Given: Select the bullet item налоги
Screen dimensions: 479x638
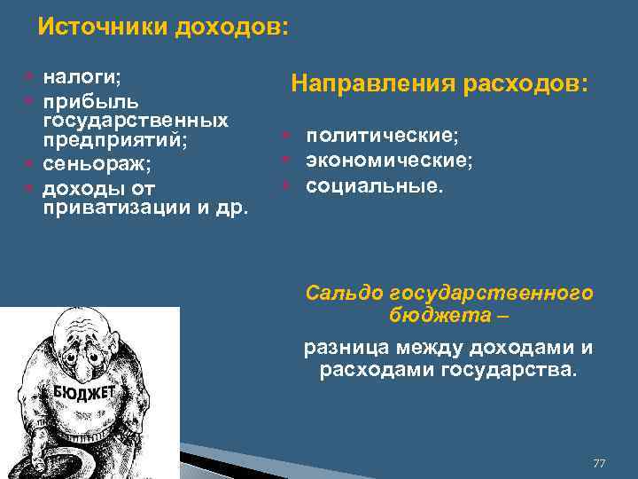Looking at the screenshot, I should (x=79, y=80).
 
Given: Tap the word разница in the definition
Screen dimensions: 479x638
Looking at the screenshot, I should (x=346, y=347).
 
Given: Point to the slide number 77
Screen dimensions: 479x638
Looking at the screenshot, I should (x=599, y=464).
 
